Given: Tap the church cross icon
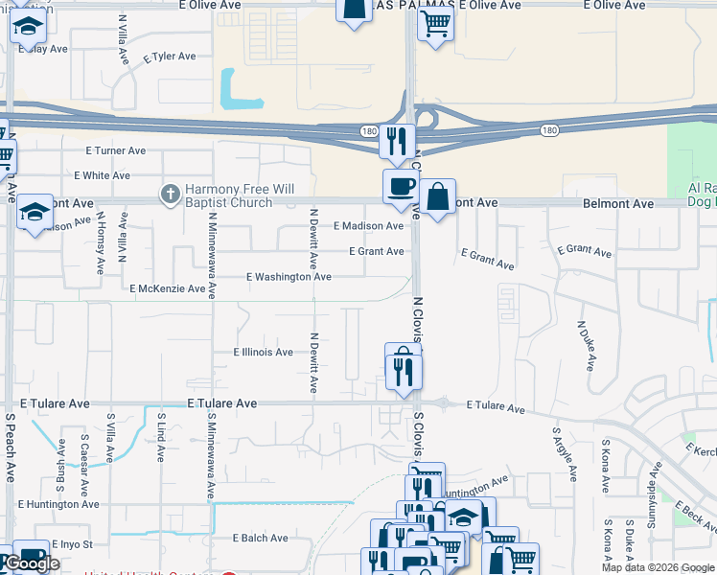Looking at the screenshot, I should (x=170, y=195).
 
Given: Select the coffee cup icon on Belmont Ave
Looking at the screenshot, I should (x=400, y=186).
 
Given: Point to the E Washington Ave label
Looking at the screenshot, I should (x=289, y=277).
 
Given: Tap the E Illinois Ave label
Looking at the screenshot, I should (x=263, y=353).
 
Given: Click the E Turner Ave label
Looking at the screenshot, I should (x=115, y=150).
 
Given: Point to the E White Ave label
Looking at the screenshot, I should (x=102, y=175).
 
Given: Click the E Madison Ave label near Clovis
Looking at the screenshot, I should (x=368, y=226).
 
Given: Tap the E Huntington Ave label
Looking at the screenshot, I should (x=57, y=504).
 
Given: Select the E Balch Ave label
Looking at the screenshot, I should (x=260, y=539).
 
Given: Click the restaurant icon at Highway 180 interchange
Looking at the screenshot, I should (x=396, y=140).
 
